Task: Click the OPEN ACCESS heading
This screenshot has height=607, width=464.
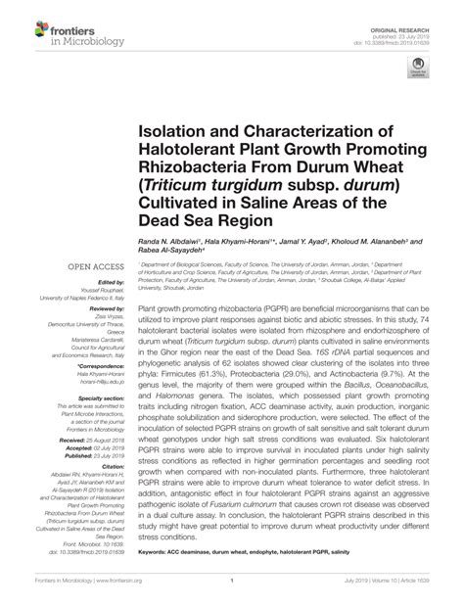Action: point(94,265)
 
